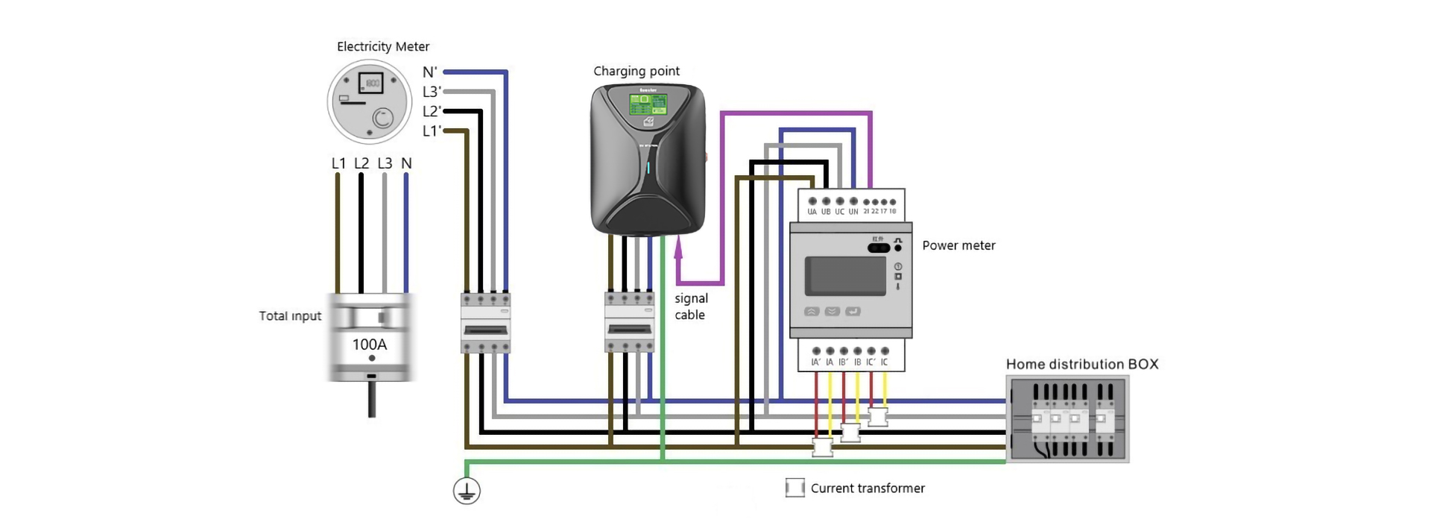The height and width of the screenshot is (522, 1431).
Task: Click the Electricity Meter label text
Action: click(x=383, y=46)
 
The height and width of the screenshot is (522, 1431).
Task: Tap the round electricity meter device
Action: click(x=370, y=101)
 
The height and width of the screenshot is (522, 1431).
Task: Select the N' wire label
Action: click(x=430, y=72)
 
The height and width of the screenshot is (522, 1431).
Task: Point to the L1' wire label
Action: click(x=432, y=131)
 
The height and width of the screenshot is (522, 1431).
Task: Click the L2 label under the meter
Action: click(x=361, y=163)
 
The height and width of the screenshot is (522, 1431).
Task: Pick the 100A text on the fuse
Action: click(x=370, y=345)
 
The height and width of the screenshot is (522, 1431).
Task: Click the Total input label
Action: click(x=290, y=316)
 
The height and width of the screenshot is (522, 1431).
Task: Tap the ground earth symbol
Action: click(x=467, y=491)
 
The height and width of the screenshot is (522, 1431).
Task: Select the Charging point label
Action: click(x=636, y=71)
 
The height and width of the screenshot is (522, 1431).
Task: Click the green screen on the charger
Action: click(x=648, y=104)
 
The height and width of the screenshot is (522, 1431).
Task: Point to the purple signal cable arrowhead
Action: click(x=678, y=248)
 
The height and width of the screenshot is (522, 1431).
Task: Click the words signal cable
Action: click(x=691, y=306)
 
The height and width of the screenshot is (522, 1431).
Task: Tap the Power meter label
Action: click(x=958, y=245)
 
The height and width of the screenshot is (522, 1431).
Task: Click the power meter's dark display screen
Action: click(x=846, y=276)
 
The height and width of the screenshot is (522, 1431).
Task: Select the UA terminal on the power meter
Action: click(x=812, y=202)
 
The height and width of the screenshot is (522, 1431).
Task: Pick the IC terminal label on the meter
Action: click(x=885, y=362)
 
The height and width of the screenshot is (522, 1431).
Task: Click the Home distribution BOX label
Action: click(x=1082, y=364)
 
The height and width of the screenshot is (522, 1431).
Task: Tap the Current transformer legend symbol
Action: click(x=795, y=488)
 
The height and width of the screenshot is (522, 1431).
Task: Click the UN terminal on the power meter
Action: click(x=853, y=202)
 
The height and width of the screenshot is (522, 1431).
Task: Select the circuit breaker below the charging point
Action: click(x=630, y=322)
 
